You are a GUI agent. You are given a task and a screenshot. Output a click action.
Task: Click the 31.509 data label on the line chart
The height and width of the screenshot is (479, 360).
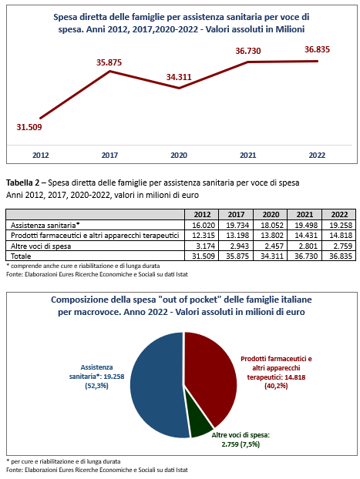(x=29, y=127)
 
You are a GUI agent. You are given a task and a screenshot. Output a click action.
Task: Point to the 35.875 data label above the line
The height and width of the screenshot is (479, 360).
(x=109, y=62)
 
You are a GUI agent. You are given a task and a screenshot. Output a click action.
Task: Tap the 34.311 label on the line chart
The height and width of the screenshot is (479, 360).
(x=179, y=77)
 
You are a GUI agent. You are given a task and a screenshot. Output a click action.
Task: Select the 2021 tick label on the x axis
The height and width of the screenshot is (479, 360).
(x=247, y=156)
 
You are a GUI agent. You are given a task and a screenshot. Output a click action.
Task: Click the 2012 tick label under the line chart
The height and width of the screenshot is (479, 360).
(x=41, y=156)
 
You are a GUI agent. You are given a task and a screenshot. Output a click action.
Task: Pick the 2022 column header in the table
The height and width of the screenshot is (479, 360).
(x=339, y=214)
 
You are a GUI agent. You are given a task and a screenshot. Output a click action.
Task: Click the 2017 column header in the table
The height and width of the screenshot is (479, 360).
(x=236, y=214)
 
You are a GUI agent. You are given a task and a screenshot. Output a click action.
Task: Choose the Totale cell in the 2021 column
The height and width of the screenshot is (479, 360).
(x=306, y=256)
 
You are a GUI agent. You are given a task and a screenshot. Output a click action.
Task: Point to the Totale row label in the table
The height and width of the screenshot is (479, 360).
(x=21, y=256)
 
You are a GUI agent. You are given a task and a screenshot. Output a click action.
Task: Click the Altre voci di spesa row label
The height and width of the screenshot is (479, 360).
(x=41, y=246)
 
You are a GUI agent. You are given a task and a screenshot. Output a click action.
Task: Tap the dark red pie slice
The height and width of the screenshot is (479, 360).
(x=211, y=376)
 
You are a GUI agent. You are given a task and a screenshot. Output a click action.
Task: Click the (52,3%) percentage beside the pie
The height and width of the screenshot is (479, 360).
(x=96, y=386)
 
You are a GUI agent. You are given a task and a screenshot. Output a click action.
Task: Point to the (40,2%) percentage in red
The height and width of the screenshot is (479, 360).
(x=276, y=386)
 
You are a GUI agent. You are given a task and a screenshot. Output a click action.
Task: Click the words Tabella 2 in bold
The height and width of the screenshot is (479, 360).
(x=23, y=183)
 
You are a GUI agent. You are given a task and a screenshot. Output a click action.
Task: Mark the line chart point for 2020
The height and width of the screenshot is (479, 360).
(x=179, y=88)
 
